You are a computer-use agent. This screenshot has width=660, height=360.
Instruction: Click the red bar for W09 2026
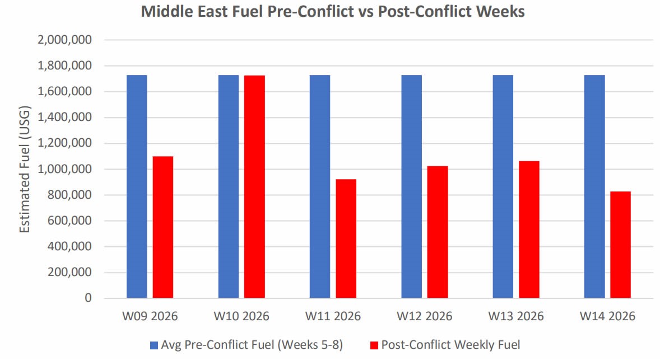pyautogui.click(x=163, y=227)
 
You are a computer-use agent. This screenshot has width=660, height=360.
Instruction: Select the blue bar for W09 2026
pyautogui.click(x=137, y=186)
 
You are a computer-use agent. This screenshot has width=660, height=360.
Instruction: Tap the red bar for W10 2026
pyautogui.click(x=254, y=186)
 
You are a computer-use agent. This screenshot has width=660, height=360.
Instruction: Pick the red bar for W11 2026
pyautogui.click(x=346, y=239)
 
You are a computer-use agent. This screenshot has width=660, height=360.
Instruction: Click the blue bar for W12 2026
pyautogui.click(x=411, y=186)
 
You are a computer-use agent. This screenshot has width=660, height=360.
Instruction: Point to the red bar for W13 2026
pyautogui.click(x=529, y=229)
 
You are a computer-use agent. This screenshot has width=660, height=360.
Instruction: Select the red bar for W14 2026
pyautogui.click(x=620, y=245)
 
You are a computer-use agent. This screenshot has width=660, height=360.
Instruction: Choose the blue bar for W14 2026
pyautogui.click(x=594, y=186)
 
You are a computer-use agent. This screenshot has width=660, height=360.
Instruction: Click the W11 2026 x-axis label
pyautogui.click(x=333, y=316)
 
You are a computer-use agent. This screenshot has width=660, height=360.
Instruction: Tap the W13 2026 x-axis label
pyautogui.click(x=516, y=316)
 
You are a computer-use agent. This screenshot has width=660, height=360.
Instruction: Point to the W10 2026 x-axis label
pyautogui.click(x=241, y=316)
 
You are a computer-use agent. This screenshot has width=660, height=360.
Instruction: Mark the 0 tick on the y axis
pyautogui.click(x=88, y=298)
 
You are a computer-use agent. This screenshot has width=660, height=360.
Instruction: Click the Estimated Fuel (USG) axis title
pyautogui.click(x=25, y=169)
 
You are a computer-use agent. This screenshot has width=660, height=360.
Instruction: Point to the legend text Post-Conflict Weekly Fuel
pyautogui.click(x=450, y=344)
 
